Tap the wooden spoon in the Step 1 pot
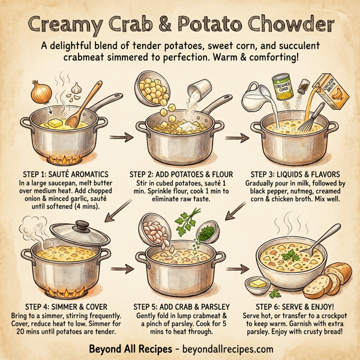[x=79, y=105]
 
